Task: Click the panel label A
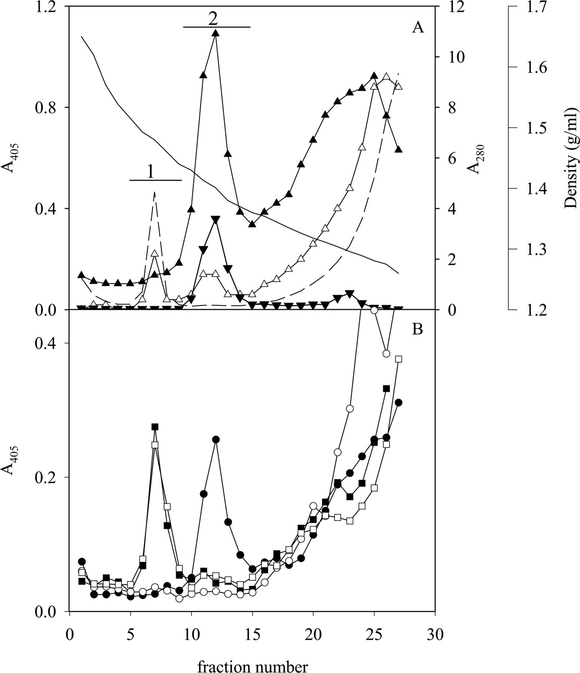(418, 28)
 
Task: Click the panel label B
(417, 329)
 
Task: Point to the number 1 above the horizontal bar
(150, 172)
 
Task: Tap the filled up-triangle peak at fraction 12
(215, 33)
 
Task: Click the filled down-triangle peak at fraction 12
(215, 219)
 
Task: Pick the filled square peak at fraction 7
(155, 427)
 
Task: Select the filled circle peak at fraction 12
(215, 439)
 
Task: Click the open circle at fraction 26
(386, 353)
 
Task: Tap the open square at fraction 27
(399, 359)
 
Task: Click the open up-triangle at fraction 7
(155, 253)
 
